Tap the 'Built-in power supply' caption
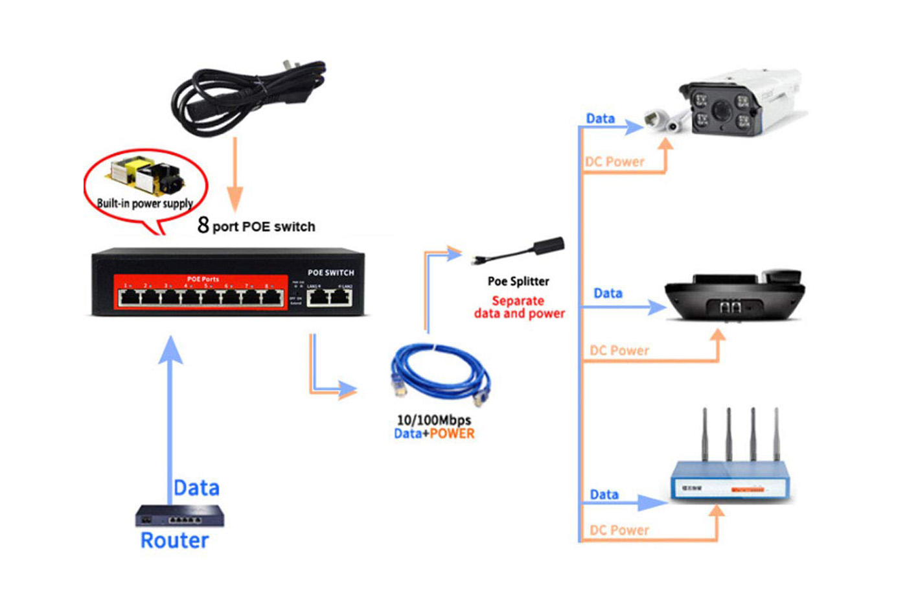[144, 203]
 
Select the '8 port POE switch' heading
[257, 226]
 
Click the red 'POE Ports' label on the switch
[203, 279]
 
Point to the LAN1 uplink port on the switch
[317, 297]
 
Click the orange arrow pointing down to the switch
[235, 175]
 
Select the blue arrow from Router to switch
[170, 415]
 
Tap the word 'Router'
[174, 540]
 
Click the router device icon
[179, 516]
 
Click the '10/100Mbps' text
[433, 420]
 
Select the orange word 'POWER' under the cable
[452, 434]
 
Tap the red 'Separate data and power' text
[519, 307]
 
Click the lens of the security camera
[720, 110]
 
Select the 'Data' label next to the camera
[600, 119]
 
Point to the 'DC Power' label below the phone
[619, 351]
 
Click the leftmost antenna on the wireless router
[705, 434]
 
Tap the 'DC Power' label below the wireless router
[619, 530]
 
